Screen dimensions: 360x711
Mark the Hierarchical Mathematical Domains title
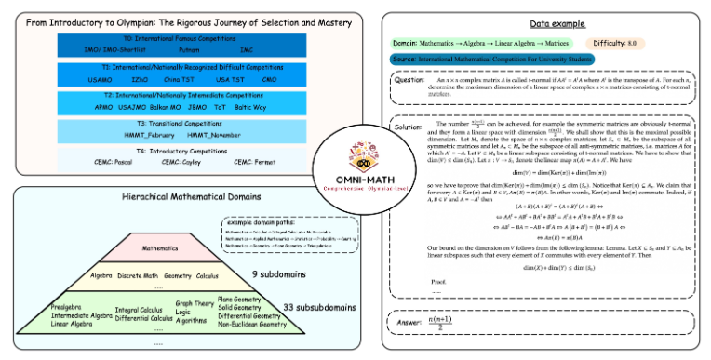179,199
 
